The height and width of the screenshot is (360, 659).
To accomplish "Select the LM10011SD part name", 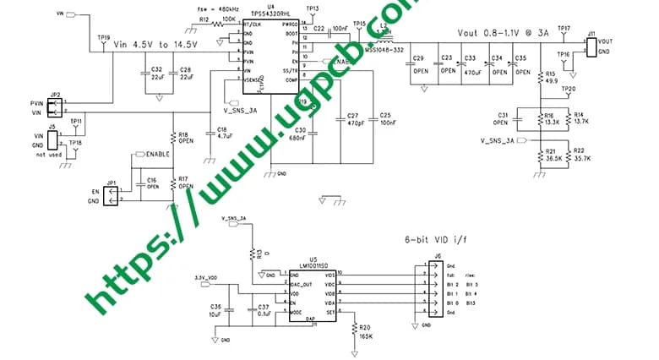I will click(x=313, y=265).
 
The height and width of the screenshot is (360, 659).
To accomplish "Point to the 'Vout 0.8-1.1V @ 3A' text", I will click(x=503, y=32).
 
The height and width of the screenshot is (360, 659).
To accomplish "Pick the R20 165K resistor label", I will click(x=364, y=332).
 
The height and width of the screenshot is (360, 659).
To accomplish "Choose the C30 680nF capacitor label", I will click(x=296, y=134).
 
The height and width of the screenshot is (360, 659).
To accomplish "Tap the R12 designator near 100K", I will click(x=204, y=19).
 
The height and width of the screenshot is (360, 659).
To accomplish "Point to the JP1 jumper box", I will click(x=110, y=195).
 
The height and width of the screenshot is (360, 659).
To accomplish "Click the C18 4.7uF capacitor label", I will click(x=223, y=132).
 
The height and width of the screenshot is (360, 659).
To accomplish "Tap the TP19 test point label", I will click(x=103, y=37).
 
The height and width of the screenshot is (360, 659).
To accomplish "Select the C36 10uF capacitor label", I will click(x=215, y=309).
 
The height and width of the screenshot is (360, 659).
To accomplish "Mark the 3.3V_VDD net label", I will click(x=205, y=277).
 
